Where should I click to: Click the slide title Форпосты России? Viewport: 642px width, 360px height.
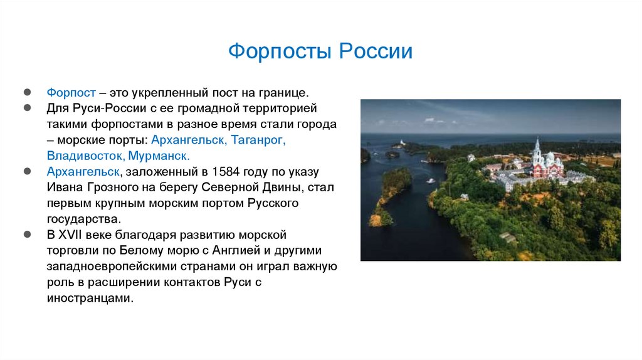[320, 51]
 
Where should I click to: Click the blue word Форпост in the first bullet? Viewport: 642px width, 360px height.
[69, 92]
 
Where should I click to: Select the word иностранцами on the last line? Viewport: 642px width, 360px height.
[89, 299]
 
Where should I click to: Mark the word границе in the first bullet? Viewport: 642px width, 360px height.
[287, 92]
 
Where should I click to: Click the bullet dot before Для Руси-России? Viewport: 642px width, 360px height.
[28, 108]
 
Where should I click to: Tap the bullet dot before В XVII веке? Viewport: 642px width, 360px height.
[28, 235]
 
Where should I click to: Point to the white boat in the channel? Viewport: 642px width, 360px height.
[431, 181]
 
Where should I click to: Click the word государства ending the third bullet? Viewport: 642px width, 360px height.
[82, 220]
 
